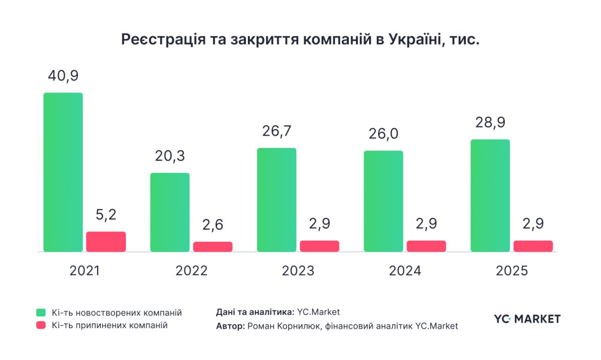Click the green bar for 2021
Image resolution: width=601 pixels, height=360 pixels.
63,172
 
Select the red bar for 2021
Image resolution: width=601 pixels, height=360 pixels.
106,242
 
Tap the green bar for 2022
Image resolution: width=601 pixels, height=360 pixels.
170,212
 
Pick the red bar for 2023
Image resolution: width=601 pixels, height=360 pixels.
319,246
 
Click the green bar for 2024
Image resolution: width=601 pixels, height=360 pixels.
383,201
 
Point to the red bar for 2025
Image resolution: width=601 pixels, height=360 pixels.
533,246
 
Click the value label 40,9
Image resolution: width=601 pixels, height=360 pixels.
63,76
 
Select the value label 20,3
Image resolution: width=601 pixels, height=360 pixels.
170,156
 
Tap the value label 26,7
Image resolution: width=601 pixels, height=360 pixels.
277,131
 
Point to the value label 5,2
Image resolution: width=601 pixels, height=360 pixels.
106,214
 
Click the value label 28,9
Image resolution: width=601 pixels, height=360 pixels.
490,123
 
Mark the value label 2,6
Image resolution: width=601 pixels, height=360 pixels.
213,225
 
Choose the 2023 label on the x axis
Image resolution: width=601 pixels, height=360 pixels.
298,271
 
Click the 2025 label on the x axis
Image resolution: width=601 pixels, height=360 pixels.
512,271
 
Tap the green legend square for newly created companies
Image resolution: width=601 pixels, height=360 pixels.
41,313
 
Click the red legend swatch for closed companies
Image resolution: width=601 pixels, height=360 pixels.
41,325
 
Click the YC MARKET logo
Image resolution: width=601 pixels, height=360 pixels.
527,319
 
